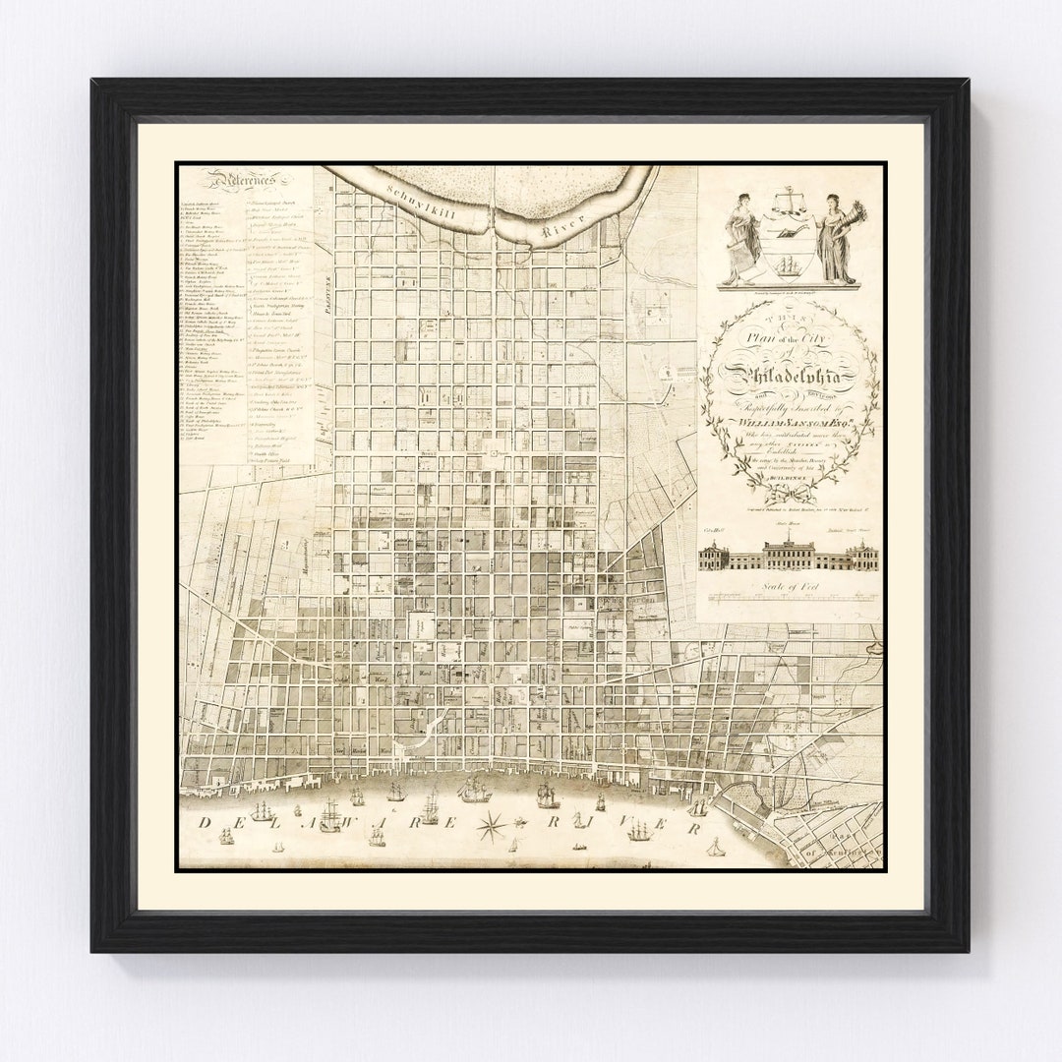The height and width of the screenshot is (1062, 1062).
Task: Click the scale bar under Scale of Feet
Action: tap(790, 596)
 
